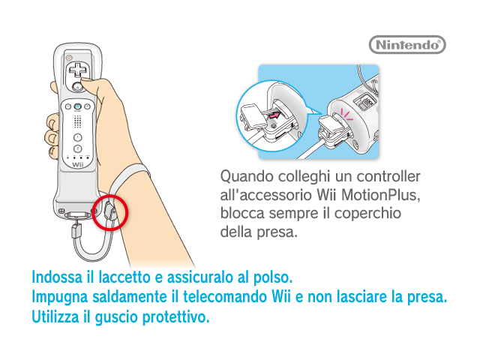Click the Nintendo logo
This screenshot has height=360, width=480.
tap(407, 45)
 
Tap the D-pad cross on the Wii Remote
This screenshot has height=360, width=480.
tap(78, 70)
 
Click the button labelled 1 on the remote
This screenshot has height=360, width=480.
tap(78, 137)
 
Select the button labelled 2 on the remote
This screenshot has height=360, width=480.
tap(78, 149)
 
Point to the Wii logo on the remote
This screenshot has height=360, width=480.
tap(78, 165)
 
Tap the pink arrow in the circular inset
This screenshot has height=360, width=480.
tap(274, 115)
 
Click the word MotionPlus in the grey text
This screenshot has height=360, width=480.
tap(381, 195)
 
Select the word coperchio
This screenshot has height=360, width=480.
tap(367, 214)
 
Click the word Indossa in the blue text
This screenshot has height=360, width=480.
tap(57, 277)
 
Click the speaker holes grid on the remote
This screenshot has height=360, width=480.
tap(78, 121)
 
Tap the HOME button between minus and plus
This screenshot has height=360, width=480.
tap(78, 106)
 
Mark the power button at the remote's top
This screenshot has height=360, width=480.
tap(70, 57)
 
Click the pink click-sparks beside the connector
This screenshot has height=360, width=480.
tap(346, 115)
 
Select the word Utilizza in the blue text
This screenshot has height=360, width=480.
tap(55, 316)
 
